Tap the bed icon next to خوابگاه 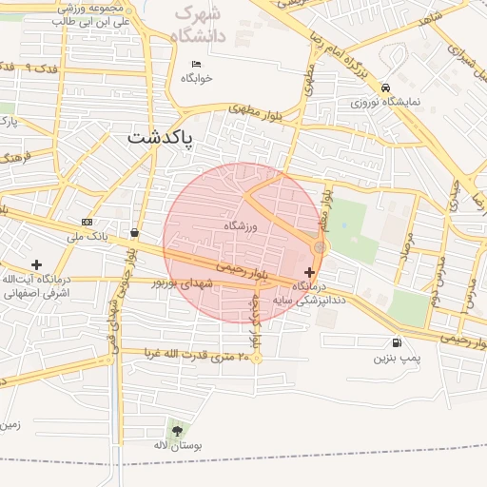[196, 64]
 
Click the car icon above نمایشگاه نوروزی [384, 86]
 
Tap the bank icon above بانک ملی [88, 222]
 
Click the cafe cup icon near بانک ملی [134, 232]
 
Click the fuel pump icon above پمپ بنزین [396, 343]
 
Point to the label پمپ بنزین [396, 359]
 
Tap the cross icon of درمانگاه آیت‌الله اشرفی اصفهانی [36, 264]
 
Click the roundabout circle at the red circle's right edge [319, 247]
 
